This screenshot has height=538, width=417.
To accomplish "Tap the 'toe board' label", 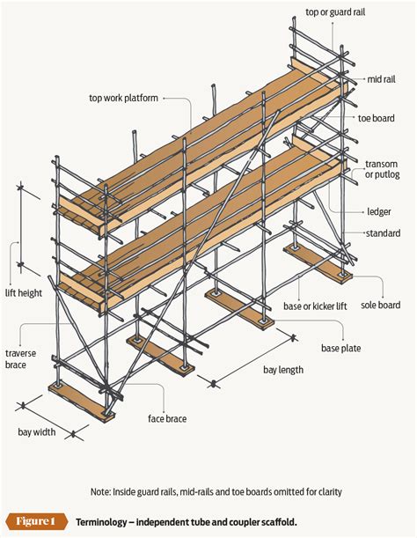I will point(376,118).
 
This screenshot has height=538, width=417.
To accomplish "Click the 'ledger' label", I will point(379,211).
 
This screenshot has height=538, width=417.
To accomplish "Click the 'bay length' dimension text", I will point(283,370).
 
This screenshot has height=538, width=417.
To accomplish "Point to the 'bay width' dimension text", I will point(38,432).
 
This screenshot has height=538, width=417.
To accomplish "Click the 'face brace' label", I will point(167,419).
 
